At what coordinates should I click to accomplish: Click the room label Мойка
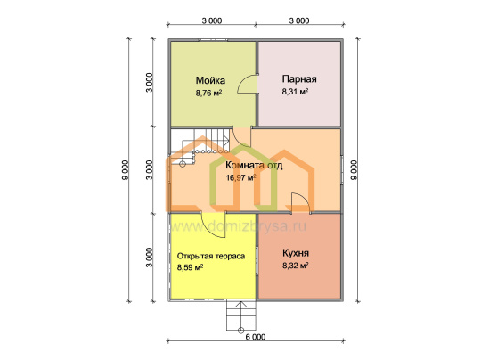(x=210, y=80)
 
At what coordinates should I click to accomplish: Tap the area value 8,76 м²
(x=209, y=93)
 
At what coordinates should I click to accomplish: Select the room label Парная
(x=299, y=79)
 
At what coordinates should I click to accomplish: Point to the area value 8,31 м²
(x=295, y=92)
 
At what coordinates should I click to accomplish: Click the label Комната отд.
(x=256, y=165)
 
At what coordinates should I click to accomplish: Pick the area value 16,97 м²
(x=241, y=177)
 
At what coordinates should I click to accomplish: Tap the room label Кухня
(x=296, y=253)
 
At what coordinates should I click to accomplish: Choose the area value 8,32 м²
(x=296, y=266)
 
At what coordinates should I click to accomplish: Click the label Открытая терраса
(x=211, y=256)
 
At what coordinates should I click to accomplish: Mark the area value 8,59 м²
(x=191, y=267)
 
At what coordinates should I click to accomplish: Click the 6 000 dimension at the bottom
(x=256, y=337)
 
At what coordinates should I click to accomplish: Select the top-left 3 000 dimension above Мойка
(x=212, y=20)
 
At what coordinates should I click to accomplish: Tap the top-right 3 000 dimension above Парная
(x=299, y=20)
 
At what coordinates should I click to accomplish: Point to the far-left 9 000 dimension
(x=126, y=170)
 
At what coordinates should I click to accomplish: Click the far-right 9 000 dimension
(x=354, y=170)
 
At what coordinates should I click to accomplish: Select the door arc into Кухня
(x=302, y=199)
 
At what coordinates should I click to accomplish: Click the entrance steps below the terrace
(x=241, y=315)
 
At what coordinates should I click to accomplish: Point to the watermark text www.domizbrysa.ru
(x=237, y=226)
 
